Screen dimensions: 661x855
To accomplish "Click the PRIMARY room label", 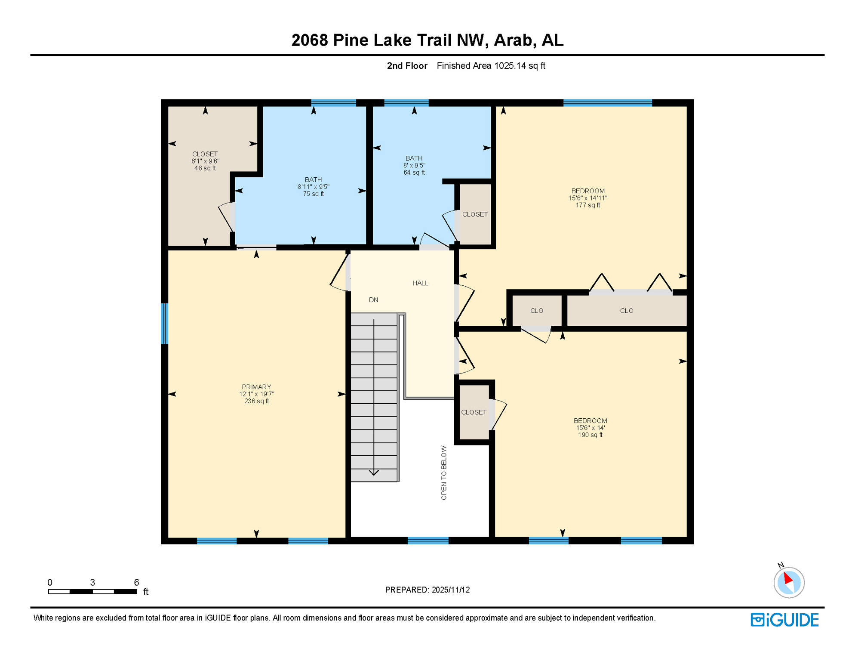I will pyautogui.click(x=256, y=387).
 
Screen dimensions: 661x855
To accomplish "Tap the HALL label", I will pyautogui.click(x=420, y=283).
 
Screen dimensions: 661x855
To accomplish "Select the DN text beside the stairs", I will pyautogui.click(x=373, y=300).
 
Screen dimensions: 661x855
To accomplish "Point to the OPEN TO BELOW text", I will pyautogui.click(x=444, y=473).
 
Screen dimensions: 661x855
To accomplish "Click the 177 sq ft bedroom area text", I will pyautogui.click(x=587, y=205).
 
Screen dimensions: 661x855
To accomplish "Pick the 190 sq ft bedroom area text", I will pyautogui.click(x=590, y=435).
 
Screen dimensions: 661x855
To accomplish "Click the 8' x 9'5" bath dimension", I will pyautogui.click(x=414, y=165).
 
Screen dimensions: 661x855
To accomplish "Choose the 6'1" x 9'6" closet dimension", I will pyautogui.click(x=205, y=161).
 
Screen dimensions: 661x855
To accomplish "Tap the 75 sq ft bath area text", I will pyautogui.click(x=313, y=194).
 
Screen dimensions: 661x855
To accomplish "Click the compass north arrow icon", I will pyautogui.click(x=788, y=582).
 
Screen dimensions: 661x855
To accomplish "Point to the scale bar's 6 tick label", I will pyautogui.click(x=136, y=582).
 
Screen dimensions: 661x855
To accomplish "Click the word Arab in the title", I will pyautogui.click(x=513, y=40).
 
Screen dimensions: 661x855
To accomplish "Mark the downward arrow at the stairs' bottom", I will pyautogui.click(x=374, y=473).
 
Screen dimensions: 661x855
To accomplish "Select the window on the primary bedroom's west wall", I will pyautogui.click(x=164, y=324).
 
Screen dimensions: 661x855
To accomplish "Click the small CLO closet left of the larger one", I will pyautogui.click(x=536, y=311).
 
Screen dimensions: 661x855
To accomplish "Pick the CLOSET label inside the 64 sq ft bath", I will pyautogui.click(x=474, y=214).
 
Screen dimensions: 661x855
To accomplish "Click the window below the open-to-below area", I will pyautogui.click(x=427, y=541).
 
